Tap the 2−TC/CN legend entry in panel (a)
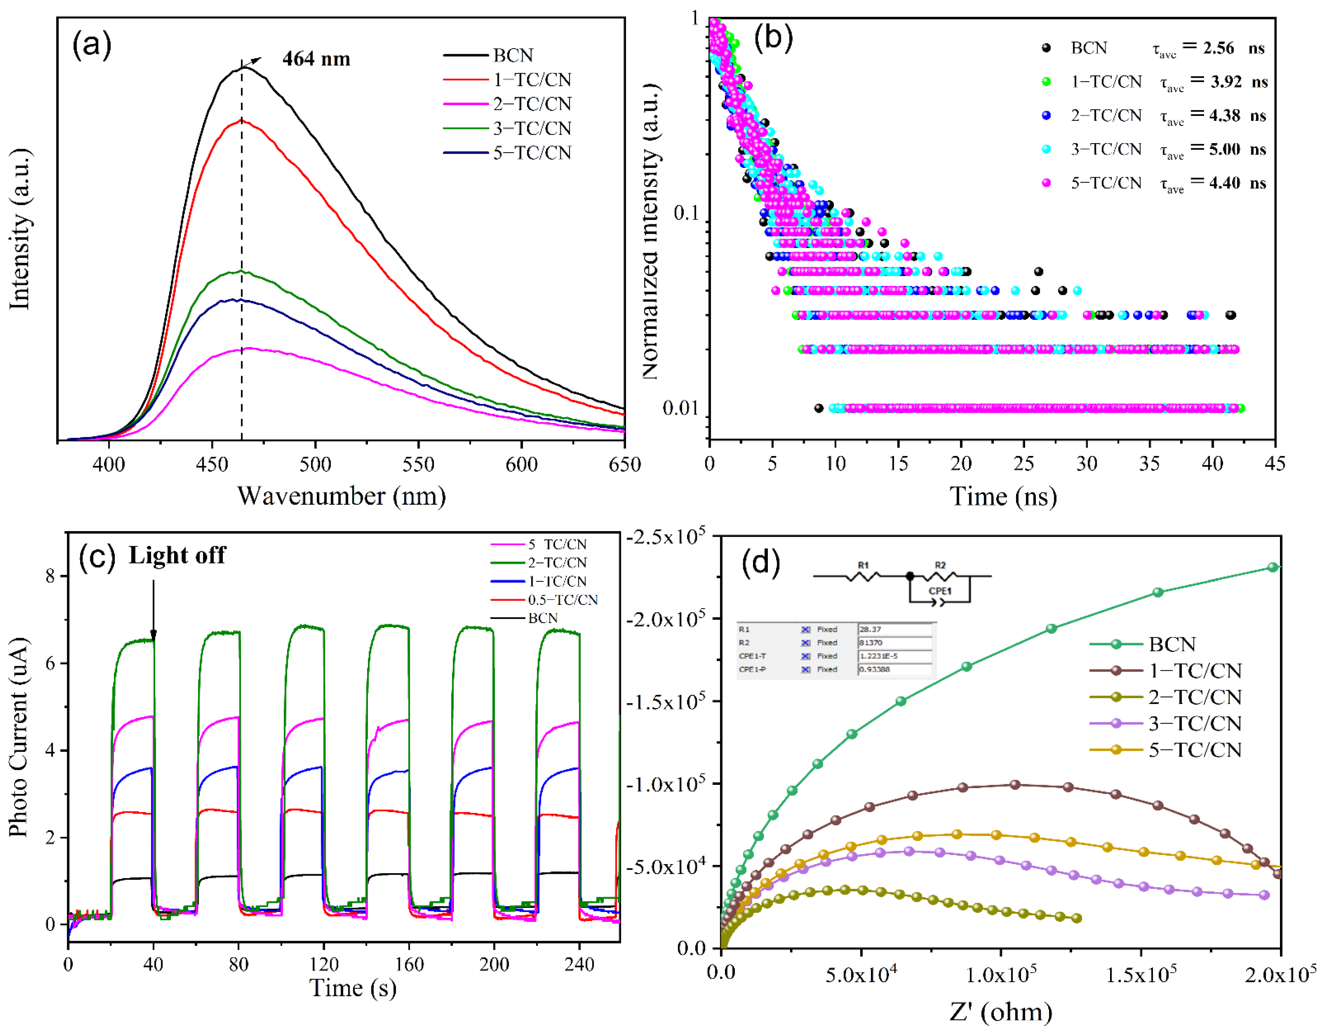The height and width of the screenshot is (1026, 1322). click(x=531, y=104)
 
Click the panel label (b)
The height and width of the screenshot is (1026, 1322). click(x=773, y=38)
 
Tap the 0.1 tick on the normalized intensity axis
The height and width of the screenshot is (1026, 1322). click(x=686, y=213)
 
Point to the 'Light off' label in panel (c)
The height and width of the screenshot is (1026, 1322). click(x=177, y=555)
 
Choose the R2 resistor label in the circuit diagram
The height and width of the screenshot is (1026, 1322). click(x=940, y=565)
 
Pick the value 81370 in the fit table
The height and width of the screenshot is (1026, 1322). click(x=871, y=643)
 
